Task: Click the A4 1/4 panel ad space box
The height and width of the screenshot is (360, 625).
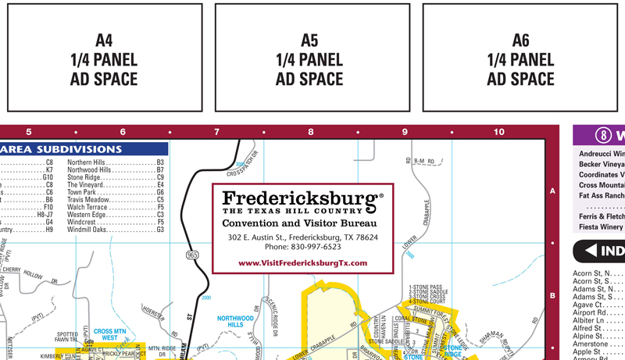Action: pyautogui.click(x=104, y=59)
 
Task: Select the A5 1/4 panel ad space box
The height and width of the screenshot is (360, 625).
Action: pyautogui.click(x=309, y=59)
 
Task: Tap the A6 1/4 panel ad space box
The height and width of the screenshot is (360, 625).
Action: pyautogui.click(x=520, y=59)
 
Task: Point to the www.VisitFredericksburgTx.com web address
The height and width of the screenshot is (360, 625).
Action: pyautogui.click(x=302, y=263)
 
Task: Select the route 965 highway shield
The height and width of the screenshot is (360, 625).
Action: pyautogui.click(x=192, y=255)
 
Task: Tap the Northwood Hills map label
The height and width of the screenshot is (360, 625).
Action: pyautogui.click(x=235, y=322)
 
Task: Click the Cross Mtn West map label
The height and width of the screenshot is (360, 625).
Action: pyautogui.click(x=110, y=334)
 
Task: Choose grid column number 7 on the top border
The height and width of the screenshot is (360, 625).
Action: pyautogui.click(x=216, y=132)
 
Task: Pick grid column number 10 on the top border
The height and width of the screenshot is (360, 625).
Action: pyautogui.click(x=499, y=132)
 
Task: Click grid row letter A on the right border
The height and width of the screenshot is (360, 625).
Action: pyautogui.click(x=552, y=191)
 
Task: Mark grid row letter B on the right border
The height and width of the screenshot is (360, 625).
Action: pyautogui.click(x=552, y=296)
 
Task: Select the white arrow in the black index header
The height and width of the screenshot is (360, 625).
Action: pyautogui.click(x=604, y=251)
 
